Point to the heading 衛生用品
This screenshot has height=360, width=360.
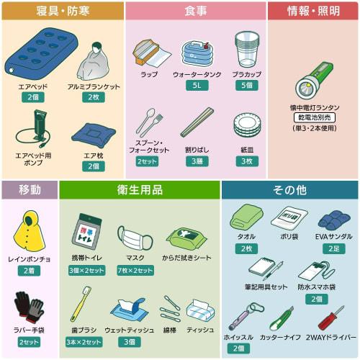click(139, 190)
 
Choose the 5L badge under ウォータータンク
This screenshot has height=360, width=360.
click(197, 85)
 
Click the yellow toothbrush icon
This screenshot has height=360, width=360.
click(81, 302)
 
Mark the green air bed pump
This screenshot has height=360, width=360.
click(34, 130)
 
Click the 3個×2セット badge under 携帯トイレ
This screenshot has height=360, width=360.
click(86, 270)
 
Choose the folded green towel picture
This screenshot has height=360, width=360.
click(246, 218)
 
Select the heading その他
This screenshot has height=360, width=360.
click(290, 190)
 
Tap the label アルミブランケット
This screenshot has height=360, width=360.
click(94, 86)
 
